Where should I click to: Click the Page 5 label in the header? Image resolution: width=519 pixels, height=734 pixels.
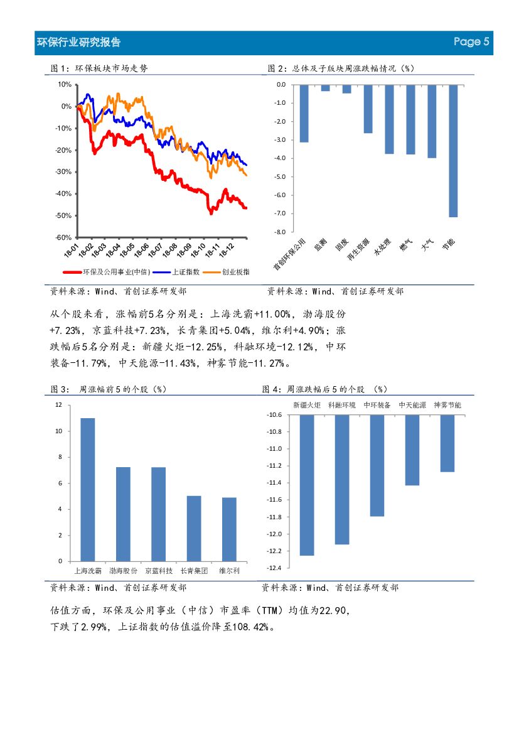(x=471, y=42)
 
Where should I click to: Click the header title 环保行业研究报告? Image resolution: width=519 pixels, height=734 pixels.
(x=79, y=43)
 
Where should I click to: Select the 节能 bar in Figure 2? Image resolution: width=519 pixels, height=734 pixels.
(x=453, y=151)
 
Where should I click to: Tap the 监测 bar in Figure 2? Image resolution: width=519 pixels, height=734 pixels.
(x=325, y=88)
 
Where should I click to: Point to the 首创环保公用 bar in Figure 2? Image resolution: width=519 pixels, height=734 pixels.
(x=304, y=113)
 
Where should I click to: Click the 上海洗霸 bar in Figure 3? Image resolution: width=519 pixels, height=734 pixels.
(x=88, y=490)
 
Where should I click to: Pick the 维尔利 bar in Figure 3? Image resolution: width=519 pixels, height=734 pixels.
(x=229, y=529)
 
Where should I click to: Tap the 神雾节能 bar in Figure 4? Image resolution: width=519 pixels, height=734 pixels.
(x=447, y=443)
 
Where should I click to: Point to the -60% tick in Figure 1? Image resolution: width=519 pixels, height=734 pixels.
(x=63, y=237)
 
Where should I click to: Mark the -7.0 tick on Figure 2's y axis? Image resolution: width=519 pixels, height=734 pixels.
(x=281, y=213)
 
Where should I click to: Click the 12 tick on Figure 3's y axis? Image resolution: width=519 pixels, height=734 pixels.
(x=58, y=405)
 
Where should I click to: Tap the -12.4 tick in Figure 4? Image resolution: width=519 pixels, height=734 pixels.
(x=274, y=568)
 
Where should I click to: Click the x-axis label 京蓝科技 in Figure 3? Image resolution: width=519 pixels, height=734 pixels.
(x=158, y=571)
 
